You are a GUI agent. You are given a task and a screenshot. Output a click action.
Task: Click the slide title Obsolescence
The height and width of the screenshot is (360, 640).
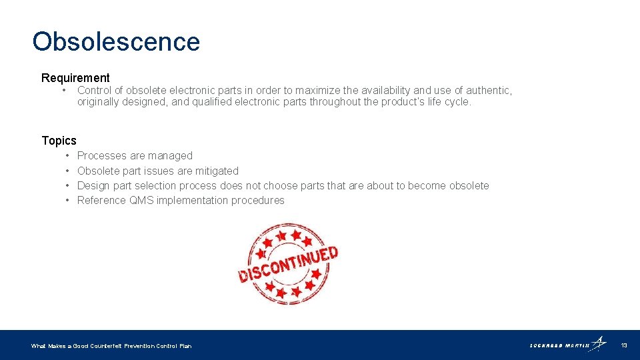point(116,41)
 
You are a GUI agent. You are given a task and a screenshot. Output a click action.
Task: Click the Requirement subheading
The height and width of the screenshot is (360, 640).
point(75,78)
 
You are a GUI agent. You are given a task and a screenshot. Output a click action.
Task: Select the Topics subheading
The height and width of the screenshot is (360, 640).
point(59,141)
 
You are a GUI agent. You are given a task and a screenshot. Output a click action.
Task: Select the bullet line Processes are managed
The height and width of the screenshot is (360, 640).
point(135,155)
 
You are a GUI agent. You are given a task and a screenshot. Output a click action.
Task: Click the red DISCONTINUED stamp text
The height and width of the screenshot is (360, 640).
point(288,264)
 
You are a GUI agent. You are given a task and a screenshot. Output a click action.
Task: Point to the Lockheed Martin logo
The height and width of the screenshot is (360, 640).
point(567,345)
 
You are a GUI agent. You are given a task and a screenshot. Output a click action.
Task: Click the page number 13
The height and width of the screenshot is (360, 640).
point(624,345)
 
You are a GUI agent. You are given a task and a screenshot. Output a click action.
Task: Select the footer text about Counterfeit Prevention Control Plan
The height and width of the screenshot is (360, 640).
point(111,346)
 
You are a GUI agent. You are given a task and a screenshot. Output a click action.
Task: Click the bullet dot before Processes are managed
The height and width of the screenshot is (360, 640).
point(69,155)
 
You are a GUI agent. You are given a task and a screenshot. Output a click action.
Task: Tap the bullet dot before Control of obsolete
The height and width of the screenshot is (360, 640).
point(63,90)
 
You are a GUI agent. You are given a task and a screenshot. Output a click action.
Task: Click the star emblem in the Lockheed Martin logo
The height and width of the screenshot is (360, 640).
point(599,343)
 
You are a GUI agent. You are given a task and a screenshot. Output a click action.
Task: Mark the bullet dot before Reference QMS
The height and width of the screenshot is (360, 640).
point(69,200)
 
